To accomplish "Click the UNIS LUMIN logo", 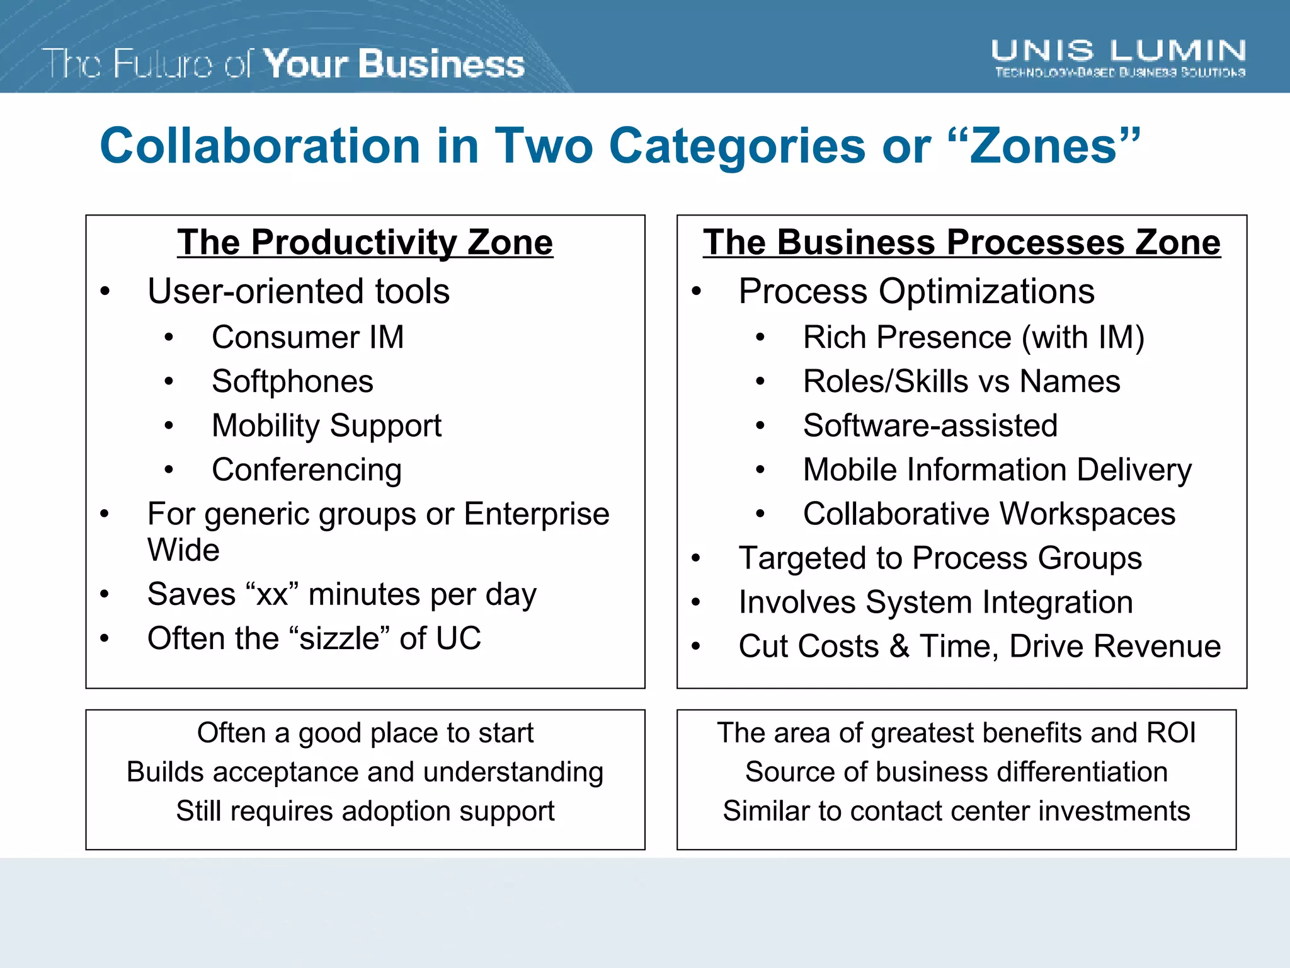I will (x=1118, y=57).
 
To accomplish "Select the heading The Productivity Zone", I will (x=365, y=242).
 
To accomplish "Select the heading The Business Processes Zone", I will (x=961, y=242).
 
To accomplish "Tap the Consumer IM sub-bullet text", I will (x=307, y=337).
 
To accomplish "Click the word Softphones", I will (x=292, y=381).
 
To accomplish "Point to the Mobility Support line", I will (x=326, y=426).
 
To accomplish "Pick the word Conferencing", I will (x=306, y=470).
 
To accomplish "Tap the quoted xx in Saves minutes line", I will (x=272, y=594).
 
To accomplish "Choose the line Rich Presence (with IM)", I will (x=973, y=337).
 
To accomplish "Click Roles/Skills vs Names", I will (x=961, y=381).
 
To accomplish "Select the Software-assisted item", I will (x=930, y=426).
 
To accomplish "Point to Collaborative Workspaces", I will (x=989, y=514).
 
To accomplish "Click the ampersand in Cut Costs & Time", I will (x=899, y=647).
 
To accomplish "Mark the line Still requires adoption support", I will (x=365, y=811).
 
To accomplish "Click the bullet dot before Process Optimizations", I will (x=696, y=292).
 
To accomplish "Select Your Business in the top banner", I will (x=394, y=64).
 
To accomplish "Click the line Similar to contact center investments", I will (x=956, y=811).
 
